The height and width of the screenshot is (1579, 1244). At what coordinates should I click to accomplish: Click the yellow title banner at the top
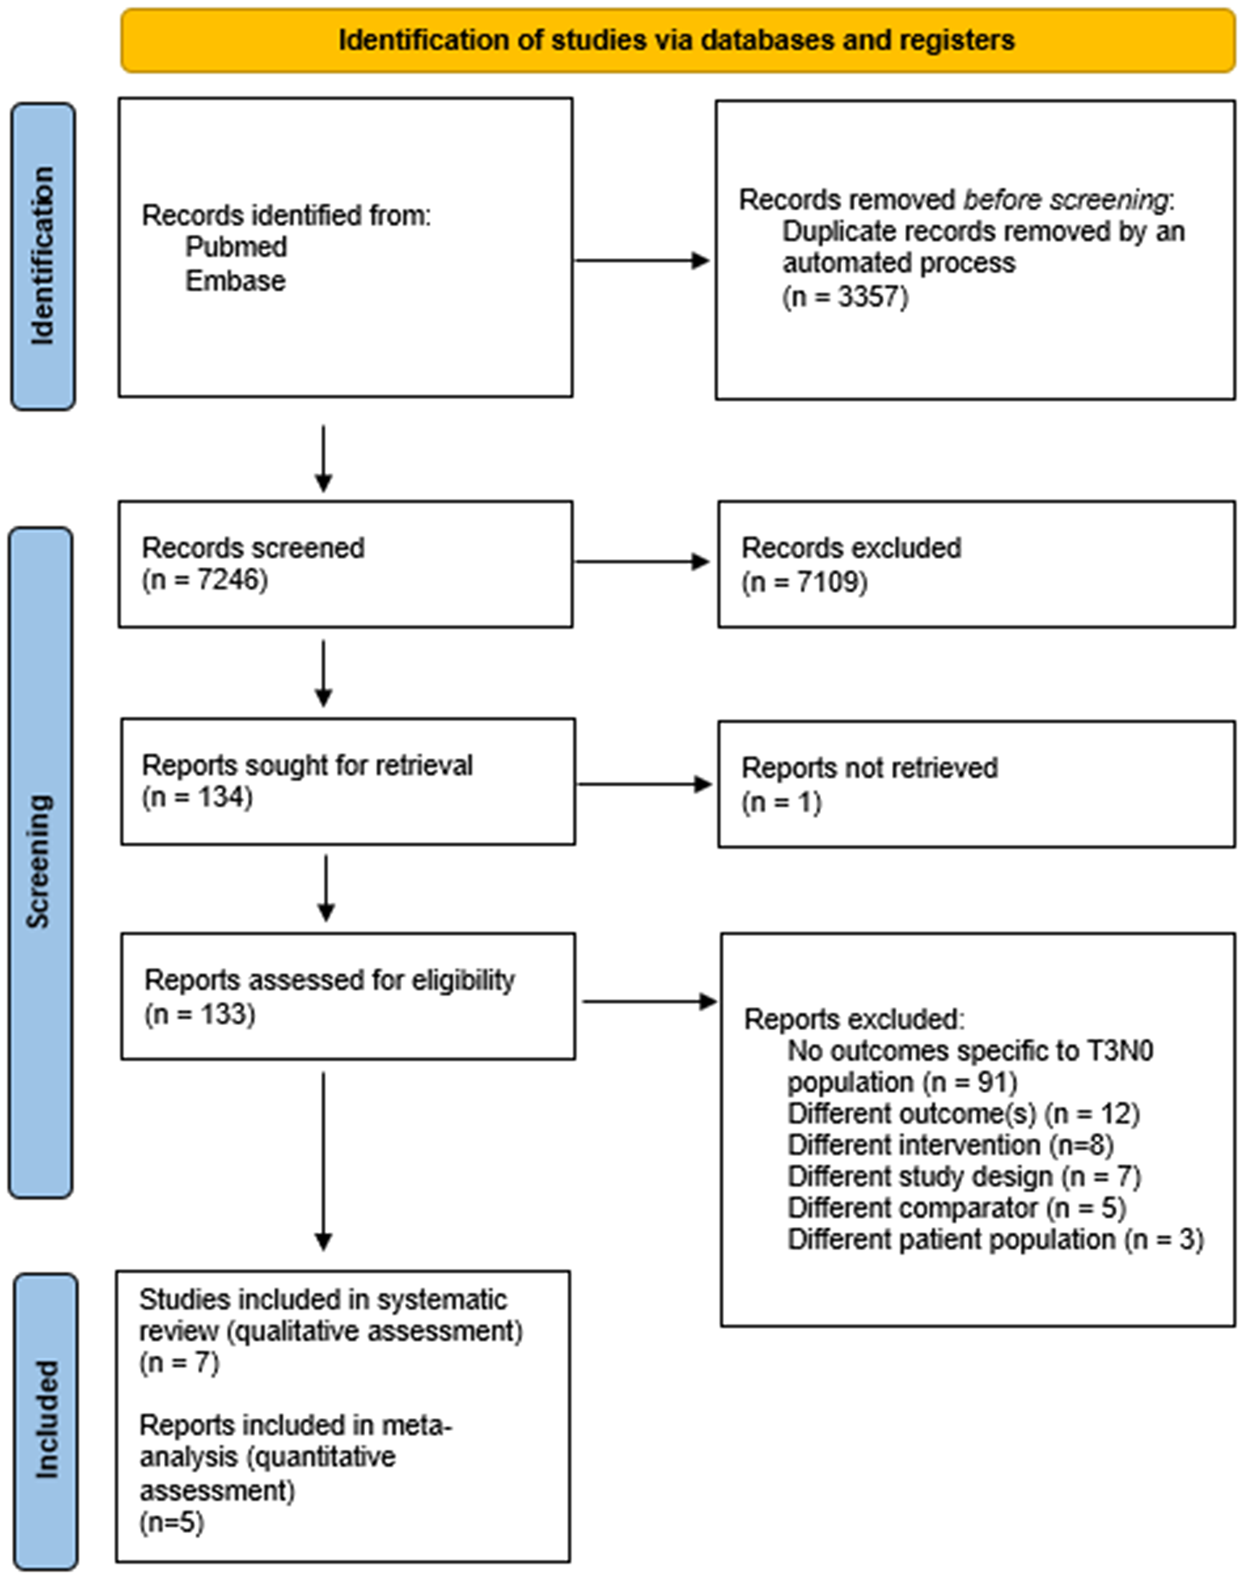[x=677, y=40]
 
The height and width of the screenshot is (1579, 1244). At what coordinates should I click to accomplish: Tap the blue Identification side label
[x=42, y=256]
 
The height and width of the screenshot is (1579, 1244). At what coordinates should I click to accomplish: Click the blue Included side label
[x=45, y=1420]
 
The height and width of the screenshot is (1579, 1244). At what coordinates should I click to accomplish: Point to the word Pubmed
[x=236, y=248]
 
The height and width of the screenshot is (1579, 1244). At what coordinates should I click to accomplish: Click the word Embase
[x=234, y=281]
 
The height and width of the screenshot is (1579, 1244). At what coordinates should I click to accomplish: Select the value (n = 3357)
[x=845, y=297]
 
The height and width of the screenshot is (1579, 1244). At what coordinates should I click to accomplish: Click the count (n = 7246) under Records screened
[x=205, y=580]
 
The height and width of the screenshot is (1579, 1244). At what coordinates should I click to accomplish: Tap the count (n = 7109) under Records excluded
[x=804, y=583]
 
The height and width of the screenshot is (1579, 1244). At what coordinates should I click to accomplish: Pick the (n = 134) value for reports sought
[x=197, y=797]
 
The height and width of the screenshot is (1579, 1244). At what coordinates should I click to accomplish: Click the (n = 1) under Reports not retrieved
[x=781, y=803]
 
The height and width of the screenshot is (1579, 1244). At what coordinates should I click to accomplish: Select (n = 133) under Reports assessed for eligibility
[x=200, y=1014]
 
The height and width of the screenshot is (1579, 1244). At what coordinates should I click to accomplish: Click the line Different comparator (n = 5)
[x=956, y=1208]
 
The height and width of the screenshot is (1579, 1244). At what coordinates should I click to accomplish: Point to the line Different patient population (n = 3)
[x=995, y=1239]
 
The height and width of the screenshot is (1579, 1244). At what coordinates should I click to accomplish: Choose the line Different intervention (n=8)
[x=950, y=1145]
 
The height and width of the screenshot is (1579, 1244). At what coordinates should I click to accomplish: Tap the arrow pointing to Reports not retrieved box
[x=644, y=784]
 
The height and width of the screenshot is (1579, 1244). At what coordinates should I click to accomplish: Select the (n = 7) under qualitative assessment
[x=179, y=1362]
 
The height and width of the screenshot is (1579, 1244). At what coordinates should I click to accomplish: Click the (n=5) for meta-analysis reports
[x=171, y=1522]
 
